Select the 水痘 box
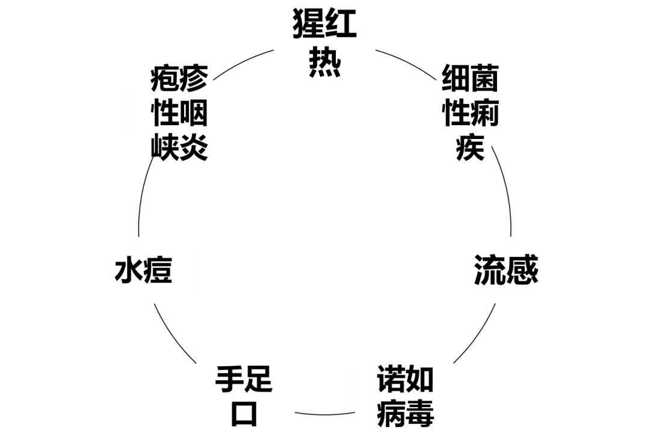143,270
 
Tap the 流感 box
506,270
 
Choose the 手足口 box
244,396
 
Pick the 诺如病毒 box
405,396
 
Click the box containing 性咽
179,113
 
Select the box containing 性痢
470,113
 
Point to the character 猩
309,26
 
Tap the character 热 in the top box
325,62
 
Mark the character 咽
194,113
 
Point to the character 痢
485,113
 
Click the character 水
128,270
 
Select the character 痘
158,270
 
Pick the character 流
490,270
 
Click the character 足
259,381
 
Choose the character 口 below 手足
244,414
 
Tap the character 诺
390,379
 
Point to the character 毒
420,413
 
